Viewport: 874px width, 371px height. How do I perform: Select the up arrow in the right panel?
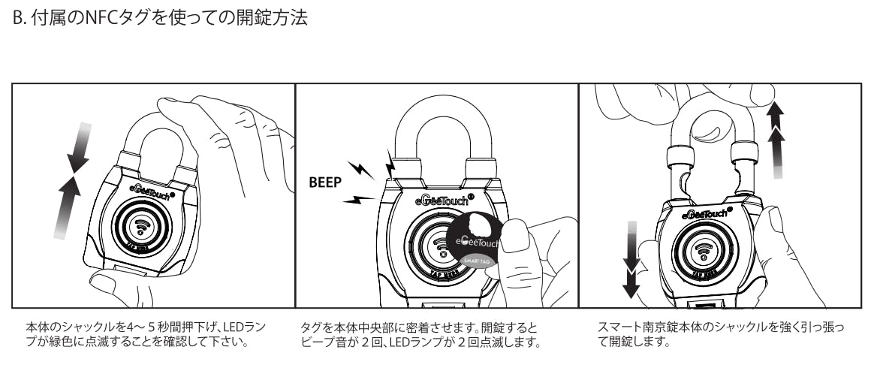point(777,139)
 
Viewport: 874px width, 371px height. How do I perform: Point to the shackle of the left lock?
point(154,135)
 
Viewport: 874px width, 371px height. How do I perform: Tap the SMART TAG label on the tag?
point(475,261)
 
